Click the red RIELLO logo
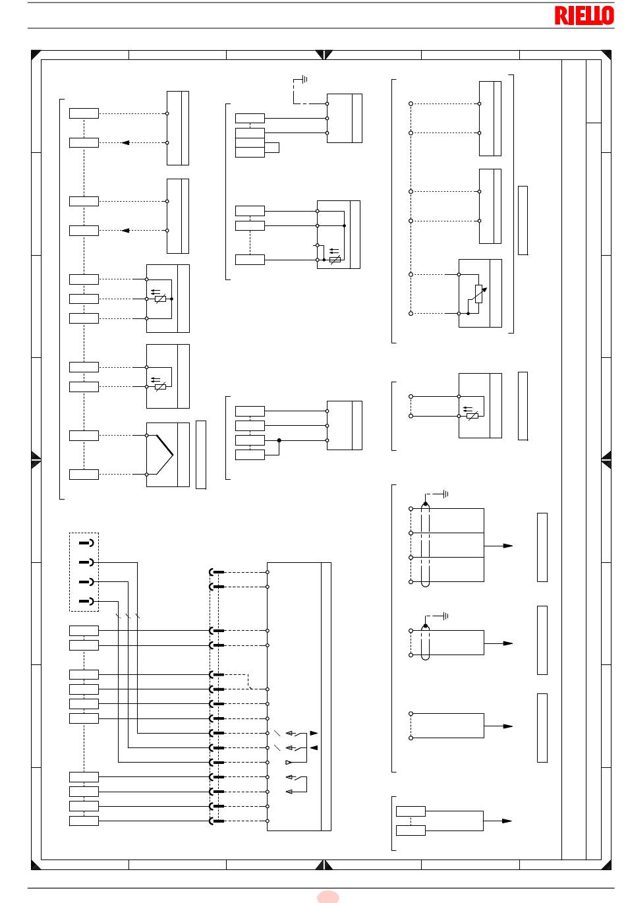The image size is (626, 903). pos(584,16)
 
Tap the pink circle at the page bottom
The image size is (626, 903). pos(327,897)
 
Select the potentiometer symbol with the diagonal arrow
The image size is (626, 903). pos(478,294)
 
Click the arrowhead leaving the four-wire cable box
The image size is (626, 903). pos(507,546)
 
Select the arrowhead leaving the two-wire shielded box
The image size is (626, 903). pos(507,643)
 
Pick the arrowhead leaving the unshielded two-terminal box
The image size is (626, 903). pos(507,726)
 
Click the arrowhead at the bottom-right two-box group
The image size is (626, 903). pos(507,821)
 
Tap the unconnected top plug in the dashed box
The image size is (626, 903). pos(86,543)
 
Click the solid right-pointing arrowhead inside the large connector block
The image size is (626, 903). pos(314,734)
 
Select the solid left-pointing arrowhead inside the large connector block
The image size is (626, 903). pos(314,748)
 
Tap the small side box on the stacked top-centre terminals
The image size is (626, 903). pos(271,148)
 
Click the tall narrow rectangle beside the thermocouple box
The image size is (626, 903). pos(201,455)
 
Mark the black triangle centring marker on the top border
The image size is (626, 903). pos(324,55)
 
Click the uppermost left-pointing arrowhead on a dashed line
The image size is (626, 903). pos(125,143)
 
